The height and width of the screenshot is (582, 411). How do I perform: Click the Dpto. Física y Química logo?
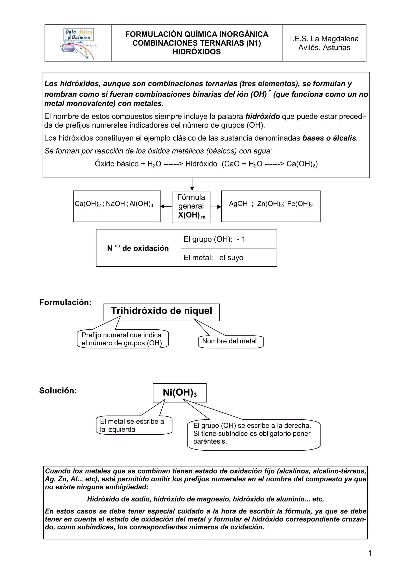point(78,43)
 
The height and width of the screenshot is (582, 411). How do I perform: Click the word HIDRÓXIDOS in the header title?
point(196,52)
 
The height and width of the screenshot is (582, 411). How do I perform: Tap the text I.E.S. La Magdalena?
point(324,39)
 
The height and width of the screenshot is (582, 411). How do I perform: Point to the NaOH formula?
point(115,204)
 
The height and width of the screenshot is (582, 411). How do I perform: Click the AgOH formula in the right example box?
point(238,204)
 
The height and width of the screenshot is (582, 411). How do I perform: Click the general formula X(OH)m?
point(191,215)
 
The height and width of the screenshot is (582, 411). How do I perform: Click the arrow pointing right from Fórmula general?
point(216,207)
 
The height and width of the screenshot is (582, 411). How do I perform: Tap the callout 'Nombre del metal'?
point(229,341)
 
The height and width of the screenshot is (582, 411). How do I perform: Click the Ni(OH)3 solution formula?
point(180,393)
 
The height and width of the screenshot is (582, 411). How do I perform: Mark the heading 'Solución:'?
point(58,391)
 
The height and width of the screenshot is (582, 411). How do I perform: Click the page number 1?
point(369,553)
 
